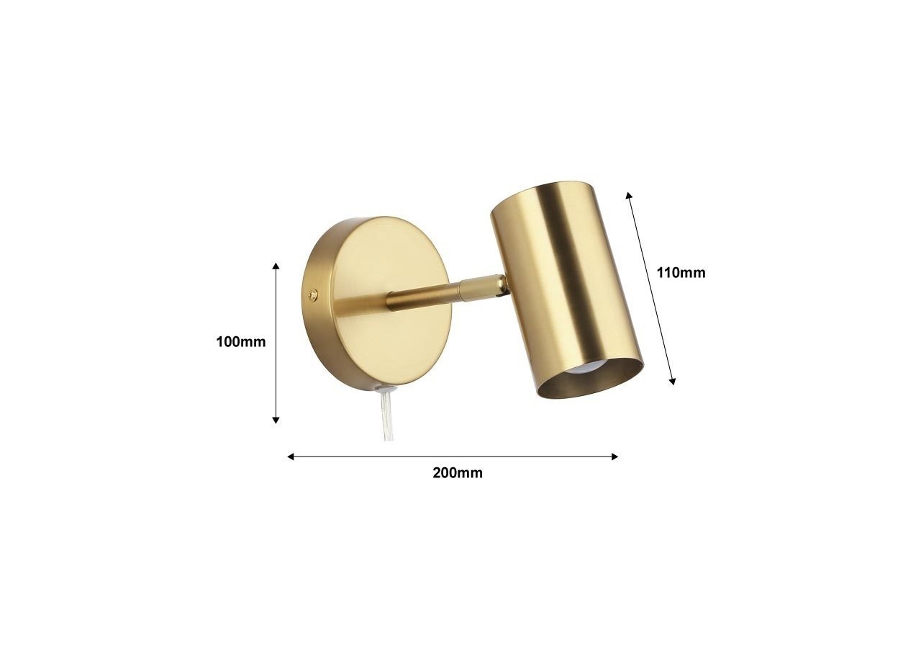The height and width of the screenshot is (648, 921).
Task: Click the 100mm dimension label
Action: (x=241, y=342)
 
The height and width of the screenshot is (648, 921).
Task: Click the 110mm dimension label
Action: (x=681, y=273)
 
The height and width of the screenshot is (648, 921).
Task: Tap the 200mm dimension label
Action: (x=457, y=473)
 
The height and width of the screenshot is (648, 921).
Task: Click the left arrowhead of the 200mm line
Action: (x=291, y=456)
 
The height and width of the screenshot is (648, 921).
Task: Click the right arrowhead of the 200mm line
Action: (x=614, y=456)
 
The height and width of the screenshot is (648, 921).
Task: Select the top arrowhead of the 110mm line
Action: (x=629, y=194)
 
